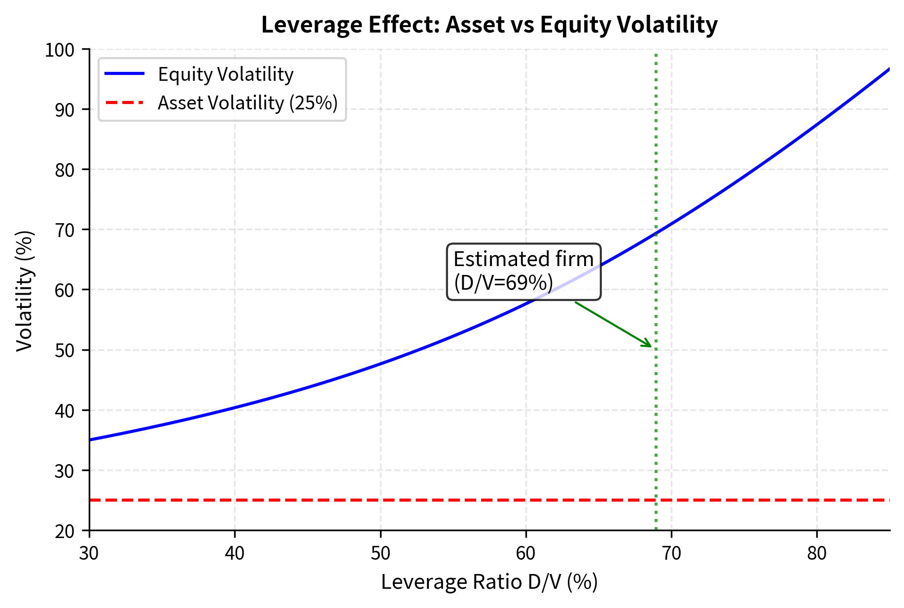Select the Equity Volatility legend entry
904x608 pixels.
[x=225, y=74]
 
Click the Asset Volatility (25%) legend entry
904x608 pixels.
[x=247, y=103]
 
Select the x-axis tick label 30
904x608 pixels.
[x=89, y=553]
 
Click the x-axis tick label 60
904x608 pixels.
[x=526, y=553]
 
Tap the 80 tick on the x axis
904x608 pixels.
[x=817, y=553]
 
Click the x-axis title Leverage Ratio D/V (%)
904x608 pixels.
[x=489, y=582]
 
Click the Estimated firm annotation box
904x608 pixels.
[x=523, y=271]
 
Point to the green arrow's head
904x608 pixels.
[x=650, y=346]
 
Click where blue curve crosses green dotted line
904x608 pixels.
[x=656, y=234]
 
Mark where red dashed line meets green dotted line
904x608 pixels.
[x=656, y=500]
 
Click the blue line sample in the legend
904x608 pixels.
[x=125, y=74]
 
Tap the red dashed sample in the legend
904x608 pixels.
[x=125, y=102]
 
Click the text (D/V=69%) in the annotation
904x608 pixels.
[x=503, y=283]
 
